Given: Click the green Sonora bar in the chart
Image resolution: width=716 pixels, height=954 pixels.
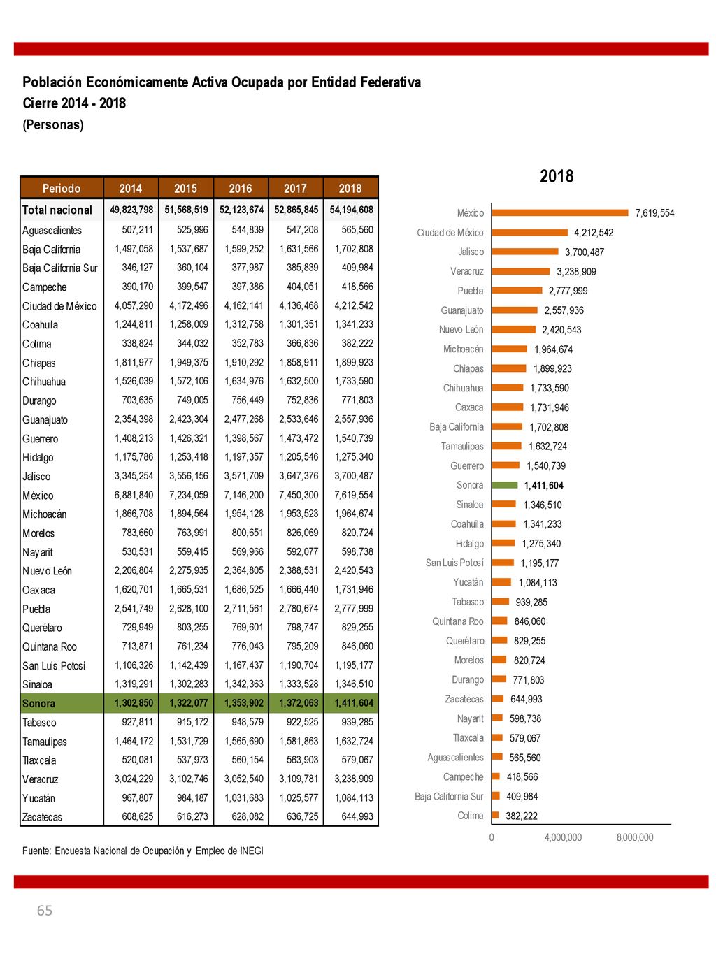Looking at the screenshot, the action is (x=504, y=484).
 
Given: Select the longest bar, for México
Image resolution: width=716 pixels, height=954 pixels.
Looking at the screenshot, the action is (x=560, y=212).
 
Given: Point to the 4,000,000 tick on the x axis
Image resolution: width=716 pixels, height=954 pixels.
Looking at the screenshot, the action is (x=563, y=837).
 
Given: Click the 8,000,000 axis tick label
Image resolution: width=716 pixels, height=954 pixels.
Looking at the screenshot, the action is (x=635, y=837).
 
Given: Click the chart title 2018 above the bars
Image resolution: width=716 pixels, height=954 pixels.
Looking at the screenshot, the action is (x=557, y=176).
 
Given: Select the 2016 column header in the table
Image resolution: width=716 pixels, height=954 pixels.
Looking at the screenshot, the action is (x=241, y=188).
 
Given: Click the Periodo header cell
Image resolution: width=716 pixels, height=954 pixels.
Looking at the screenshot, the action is (x=62, y=188).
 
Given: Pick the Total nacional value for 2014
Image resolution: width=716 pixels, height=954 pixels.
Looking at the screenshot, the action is (x=131, y=210).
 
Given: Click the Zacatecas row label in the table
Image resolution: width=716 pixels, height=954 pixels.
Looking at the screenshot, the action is (x=42, y=816).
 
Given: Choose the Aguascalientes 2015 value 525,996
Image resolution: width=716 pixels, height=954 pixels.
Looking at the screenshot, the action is (x=192, y=229).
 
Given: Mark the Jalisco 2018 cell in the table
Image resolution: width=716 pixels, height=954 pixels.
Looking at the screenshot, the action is (x=353, y=476).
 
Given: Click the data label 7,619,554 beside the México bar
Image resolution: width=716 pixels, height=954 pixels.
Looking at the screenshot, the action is (x=654, y=213).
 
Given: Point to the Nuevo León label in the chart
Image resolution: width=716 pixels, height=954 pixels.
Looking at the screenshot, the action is (x=461, y=329).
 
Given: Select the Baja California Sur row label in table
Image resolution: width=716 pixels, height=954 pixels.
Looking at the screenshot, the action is (x=60, y=268).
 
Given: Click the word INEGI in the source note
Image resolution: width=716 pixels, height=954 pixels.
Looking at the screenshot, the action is (x=252, y=851).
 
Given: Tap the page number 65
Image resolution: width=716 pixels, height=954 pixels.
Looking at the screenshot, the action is (x=45, y=910).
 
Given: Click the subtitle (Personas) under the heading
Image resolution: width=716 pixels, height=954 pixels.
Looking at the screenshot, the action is (x=53, y=124).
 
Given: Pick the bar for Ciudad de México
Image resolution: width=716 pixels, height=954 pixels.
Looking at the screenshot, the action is (x=529, y=232).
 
